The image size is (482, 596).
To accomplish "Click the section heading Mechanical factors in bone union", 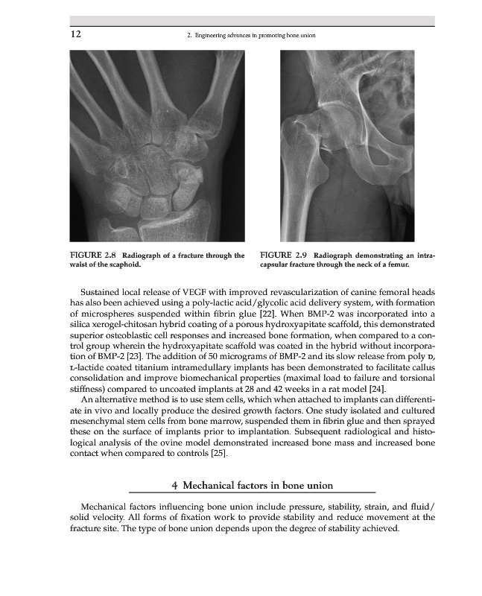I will pos(252,486).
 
